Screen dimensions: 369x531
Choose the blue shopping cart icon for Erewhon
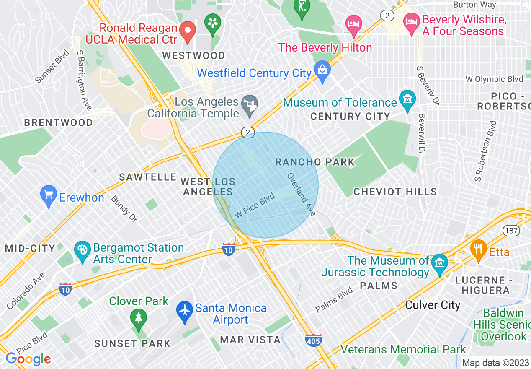(x=49, y=196)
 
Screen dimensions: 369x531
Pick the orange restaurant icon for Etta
(x=478, y=249)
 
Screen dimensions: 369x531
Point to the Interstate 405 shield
(x=314, y=340)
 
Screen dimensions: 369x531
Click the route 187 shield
(x=512, y=231)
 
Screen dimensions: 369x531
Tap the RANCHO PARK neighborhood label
(x=314, y=162)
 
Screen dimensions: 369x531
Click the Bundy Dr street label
(x=124, y=208)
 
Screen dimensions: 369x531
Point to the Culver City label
(x=433, y=305)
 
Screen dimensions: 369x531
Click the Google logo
(x=28, y=359)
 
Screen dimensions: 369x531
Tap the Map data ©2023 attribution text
(x=495, y=363)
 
